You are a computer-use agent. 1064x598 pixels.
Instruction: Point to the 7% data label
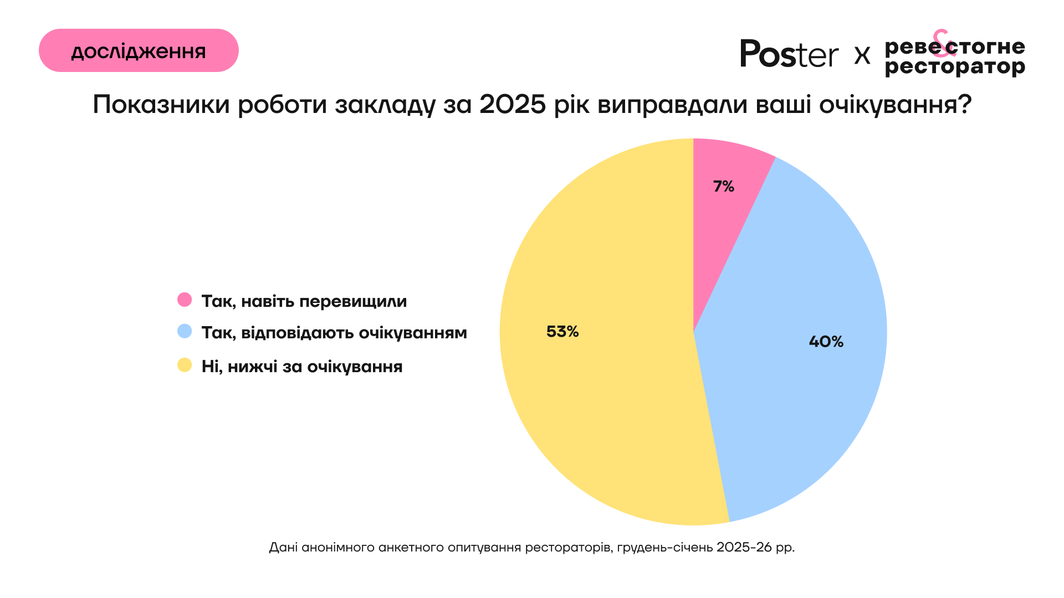(x=723, y=187)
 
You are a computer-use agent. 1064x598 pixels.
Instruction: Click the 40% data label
(x=826, y=342)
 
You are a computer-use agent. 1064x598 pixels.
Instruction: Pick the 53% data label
(x=562, y=332)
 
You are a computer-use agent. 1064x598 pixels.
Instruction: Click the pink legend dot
(x=185, y=300)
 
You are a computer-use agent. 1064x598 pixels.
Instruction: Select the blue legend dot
(x=185, y=332)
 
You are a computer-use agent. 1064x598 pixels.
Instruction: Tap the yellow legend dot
(x=185, y=365)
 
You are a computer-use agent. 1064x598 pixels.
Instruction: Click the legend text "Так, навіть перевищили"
(x=304, y=301)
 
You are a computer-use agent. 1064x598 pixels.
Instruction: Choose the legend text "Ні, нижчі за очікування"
(x=302, y=367)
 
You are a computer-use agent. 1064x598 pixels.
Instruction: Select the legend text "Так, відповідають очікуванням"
(x=334, y=333)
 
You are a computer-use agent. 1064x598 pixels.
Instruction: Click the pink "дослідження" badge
(x=139, y=50)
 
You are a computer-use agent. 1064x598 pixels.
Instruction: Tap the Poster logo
(x=789, y=54)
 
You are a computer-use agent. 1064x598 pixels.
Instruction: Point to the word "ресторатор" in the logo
(x=955, y=68)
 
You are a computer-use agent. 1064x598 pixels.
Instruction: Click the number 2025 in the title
(x=513, y=104)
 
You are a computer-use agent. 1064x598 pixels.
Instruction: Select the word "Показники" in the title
(x=161, y=104)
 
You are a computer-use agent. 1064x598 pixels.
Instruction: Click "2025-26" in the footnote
(x=744, y=548)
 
